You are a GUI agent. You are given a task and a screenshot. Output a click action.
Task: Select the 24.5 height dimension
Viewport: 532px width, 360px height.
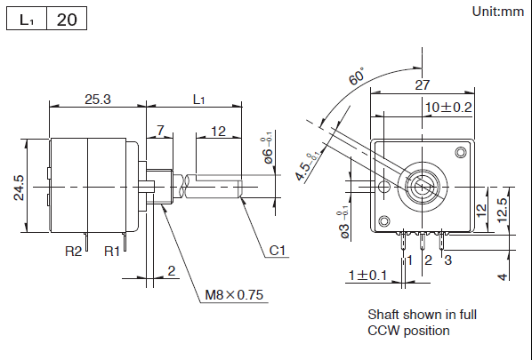click(x=19, y=188)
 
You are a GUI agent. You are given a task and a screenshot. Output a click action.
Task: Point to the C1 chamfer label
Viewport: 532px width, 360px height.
click(x=278, y=252)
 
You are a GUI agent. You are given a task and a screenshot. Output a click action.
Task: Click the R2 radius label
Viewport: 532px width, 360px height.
click(x=74, y=252)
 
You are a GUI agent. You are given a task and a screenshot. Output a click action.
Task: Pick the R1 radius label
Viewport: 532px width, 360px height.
click(x=112, y=252)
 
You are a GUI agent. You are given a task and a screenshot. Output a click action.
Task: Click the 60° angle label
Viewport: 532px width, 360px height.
click(x=357, y=77)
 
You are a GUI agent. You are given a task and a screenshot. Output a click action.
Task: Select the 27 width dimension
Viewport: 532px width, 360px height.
click(x=423, y=85)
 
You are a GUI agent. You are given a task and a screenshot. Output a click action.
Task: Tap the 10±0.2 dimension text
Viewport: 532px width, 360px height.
click(x=448, y=107)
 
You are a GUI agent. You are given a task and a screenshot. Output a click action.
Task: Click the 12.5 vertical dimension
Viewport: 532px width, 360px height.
click(x=504, y=206)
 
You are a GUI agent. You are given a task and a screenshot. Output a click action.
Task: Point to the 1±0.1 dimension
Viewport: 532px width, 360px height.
click(x=367, y=276)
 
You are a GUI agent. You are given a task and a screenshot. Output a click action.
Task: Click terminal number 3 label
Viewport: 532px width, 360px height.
click(x=447, y=260)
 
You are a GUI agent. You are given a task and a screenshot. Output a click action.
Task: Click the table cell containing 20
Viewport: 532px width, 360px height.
click(x=66, y=20)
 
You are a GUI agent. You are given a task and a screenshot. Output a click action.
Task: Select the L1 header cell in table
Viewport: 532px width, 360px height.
click(x=27, y=20)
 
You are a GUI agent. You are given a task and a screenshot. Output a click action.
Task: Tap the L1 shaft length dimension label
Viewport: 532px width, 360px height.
click(x=199, y=100)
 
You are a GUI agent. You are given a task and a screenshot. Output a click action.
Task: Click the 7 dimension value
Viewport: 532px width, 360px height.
click(x=160, y=131)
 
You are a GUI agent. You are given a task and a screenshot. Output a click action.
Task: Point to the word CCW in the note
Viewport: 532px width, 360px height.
click(x=383, y=331)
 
